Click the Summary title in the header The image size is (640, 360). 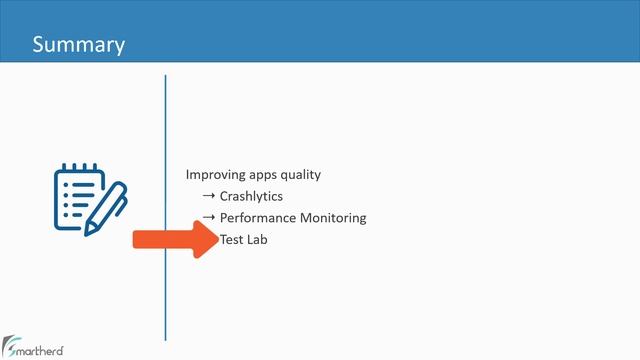point(78,45)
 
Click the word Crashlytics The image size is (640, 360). point(251,196)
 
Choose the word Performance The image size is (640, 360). point(258,218)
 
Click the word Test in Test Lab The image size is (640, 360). point(232,240)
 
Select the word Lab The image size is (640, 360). point(258,240)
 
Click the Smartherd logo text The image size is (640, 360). point(40,350)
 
